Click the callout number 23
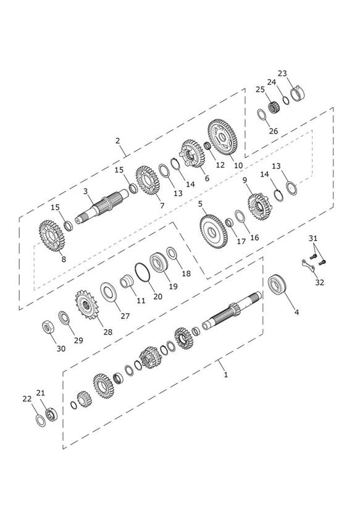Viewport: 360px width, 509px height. pos(282,74)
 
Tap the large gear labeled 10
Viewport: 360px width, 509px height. pos(222,137)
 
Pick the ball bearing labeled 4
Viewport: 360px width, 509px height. pos(277,285)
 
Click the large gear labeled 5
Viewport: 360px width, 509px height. pos(213,232)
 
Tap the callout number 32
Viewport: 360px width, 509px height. pos(319,282)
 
